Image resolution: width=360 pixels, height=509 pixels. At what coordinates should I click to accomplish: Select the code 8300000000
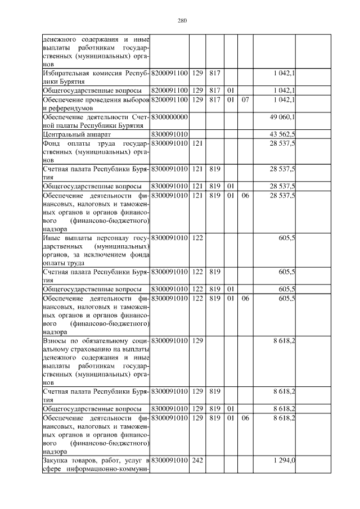point(169,116)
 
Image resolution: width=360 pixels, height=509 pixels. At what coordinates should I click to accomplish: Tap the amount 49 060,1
point(283,116)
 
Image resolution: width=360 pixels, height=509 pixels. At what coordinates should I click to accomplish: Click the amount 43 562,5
point(283,134)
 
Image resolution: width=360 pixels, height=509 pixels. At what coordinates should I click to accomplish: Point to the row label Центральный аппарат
point(70,134)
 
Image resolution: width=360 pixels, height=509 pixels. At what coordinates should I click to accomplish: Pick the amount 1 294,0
point(285,461)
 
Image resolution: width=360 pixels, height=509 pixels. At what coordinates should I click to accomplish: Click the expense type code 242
point(197,461)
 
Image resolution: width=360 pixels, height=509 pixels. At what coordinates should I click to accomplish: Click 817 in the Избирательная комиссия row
point(214,73)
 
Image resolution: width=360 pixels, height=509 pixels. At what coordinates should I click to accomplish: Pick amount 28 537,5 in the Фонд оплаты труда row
point(283,143)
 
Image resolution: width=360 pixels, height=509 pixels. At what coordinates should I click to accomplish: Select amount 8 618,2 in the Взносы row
point(285,341)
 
